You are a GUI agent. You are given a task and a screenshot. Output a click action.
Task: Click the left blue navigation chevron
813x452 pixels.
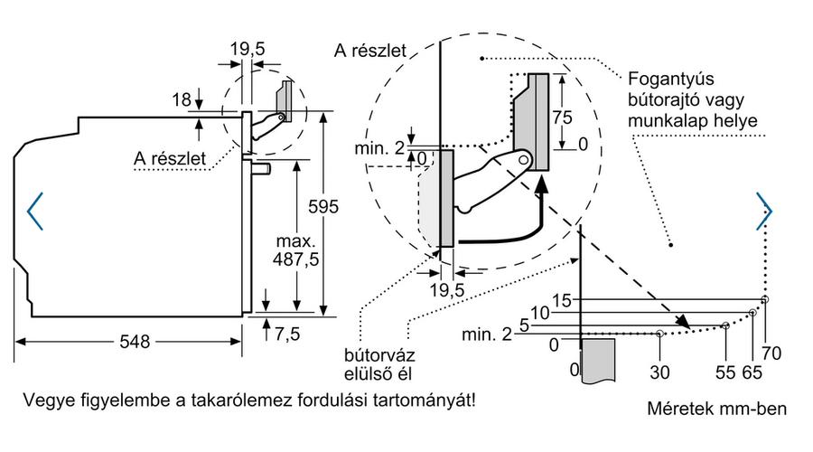(x=34, y=212)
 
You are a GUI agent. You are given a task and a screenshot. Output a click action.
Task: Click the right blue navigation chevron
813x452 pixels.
(x=764, y=212)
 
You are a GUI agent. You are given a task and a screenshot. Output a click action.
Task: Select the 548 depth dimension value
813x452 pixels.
(x=135, y=342)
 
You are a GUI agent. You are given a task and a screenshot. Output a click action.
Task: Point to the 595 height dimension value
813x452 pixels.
(x=323, y=206)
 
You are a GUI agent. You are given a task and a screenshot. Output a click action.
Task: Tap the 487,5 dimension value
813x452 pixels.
(x=296, y=259)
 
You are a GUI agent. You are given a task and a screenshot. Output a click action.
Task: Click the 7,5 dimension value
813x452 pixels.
(x=287, y=334)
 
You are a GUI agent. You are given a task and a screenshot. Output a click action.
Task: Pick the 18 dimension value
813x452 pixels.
(x=182, y=99)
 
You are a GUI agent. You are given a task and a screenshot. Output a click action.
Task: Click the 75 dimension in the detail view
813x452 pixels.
(x=562, y=118)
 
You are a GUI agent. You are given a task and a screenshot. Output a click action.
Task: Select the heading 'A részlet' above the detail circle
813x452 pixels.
(x=370, y=51)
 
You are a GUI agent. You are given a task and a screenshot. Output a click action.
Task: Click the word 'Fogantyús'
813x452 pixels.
(x=671, y=79)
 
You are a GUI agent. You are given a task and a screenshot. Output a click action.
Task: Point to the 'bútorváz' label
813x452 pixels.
(x=379, y=355)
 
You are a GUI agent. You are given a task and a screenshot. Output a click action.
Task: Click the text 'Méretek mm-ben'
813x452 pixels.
(x=716, y=409)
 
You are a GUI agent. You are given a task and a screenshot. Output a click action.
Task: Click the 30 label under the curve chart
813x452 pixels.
(x=659, y=372)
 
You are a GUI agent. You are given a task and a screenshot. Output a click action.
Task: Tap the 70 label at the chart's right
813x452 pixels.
(x=771, y=353)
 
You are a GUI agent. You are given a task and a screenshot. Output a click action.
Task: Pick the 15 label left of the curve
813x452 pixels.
(x=562, y=300)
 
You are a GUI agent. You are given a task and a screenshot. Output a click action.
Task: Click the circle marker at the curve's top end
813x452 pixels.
(x=765, y=299)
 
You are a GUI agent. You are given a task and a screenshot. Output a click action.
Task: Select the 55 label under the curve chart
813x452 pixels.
(x=725, y=372)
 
